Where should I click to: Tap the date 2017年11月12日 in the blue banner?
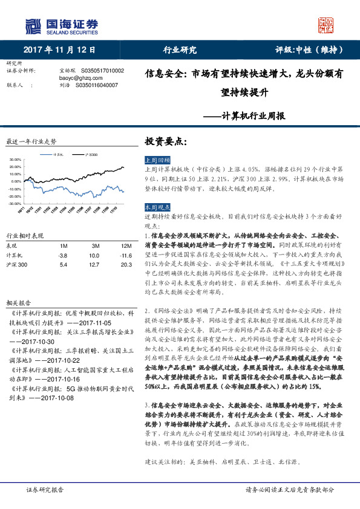[59, 50]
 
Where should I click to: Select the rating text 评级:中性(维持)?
[308, 50]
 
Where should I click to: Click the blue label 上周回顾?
[157, 160]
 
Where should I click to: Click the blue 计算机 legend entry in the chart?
[56, 155]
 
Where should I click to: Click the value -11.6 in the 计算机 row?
[125, 256]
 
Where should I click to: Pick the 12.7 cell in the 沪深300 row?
[95, 265]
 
